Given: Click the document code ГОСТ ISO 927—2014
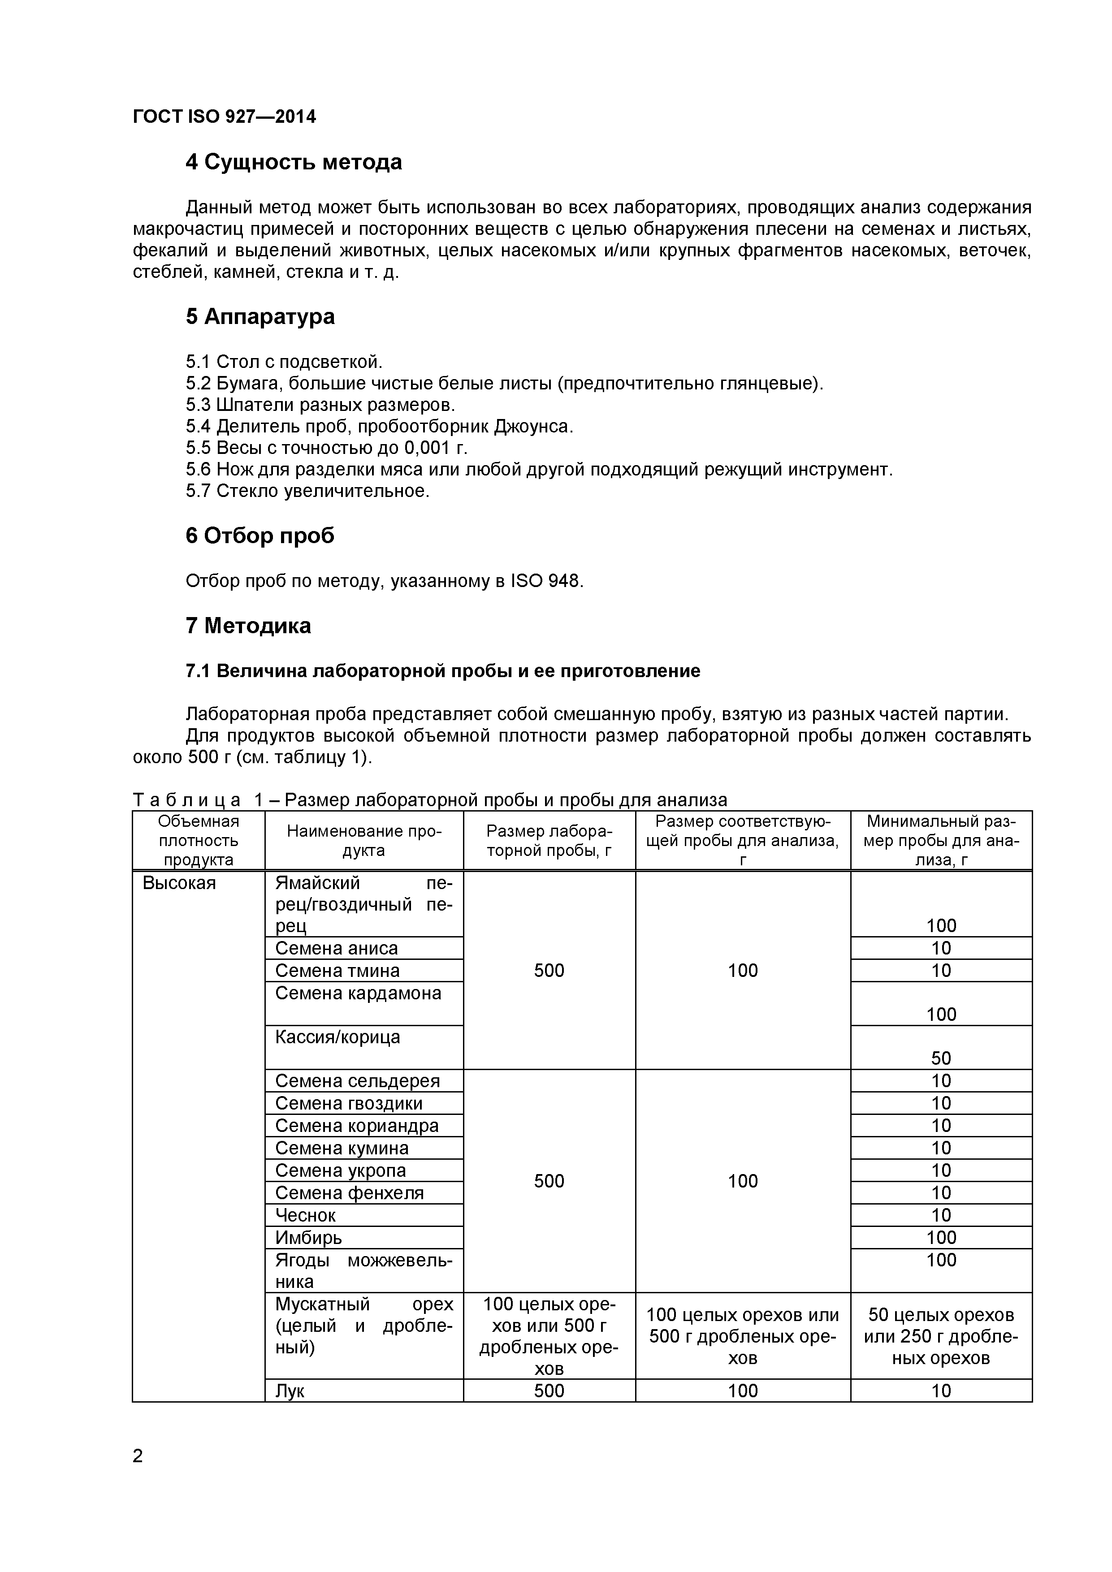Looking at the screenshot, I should click(x=224, y=117).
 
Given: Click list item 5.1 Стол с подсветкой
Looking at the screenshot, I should click(x=283, y=362).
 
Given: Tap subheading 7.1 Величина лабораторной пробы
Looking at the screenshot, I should click(x=442, y=671).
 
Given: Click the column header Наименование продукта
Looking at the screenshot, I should click(x=363, y=841).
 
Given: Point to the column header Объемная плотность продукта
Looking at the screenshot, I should click(x=199, y=841).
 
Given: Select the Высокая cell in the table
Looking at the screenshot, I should click(x=179, y=883).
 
